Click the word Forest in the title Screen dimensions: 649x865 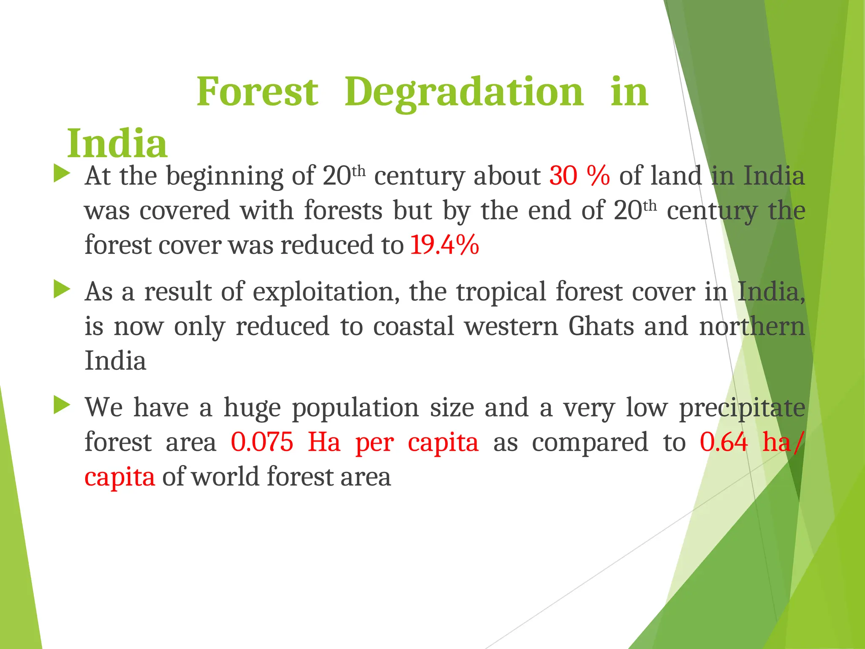click(x=257, y=92)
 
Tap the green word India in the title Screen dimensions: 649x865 click(x=117, y=144)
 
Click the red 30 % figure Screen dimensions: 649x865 click(x=579, y=175)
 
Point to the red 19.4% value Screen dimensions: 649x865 click(x=445, y=245)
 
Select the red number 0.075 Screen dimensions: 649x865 click(x=262, y=442)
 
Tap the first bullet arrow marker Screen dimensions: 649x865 click(x=62, y=174)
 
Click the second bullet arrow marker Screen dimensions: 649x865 click(x=62, y=290)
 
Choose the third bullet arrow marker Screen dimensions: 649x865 click(x=62, y=406)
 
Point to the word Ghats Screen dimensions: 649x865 click(x=601, y=326)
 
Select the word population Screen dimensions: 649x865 click(x=355, y=409)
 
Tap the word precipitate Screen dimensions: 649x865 click(x=742, y=409)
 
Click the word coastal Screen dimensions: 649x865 click(x=413, y=326)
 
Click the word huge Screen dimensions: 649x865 click(x=252, y=409)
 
